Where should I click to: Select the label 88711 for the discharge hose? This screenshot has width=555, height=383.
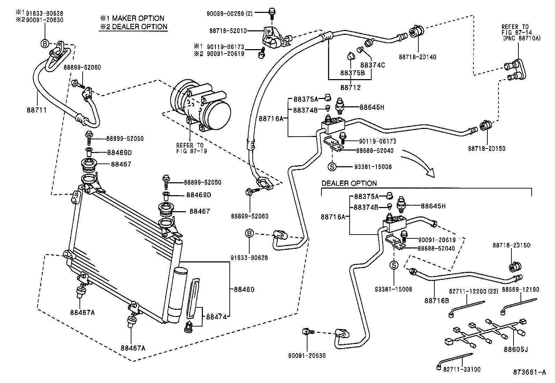[x=37, y=109]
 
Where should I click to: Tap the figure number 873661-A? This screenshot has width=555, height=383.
[x=529, y=372]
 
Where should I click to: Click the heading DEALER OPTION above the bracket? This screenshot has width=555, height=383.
[x=349, y=183]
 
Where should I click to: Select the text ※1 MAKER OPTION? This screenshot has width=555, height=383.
[x=132, y=18]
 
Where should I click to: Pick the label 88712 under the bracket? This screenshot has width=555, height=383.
[x=350, y=87]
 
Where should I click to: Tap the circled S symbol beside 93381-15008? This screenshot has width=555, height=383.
[x=332, y=167]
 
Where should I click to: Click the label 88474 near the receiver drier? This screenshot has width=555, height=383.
[x=216, y=317]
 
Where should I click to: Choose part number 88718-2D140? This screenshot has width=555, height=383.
[x=417, y=57]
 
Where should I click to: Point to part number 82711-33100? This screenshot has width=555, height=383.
[x=462, y=369]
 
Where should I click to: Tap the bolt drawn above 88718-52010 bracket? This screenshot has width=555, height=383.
[x=272, y=13]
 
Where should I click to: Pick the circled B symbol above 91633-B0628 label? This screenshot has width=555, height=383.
[x=250, y=233]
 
